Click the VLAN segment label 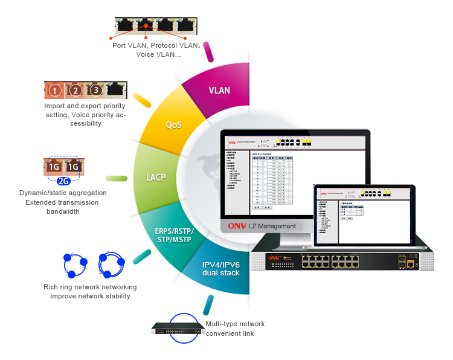[219, 91]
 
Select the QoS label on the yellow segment [174, 125]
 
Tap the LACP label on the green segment [156, 178]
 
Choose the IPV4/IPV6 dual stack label [221, 269]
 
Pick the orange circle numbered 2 [75, 91]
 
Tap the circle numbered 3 [95, 91]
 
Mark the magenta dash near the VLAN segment [210, 51]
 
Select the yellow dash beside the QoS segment [142, 100]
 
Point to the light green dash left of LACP [117, 178]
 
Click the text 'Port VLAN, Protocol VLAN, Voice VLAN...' [155, 50]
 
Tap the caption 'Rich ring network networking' [90, 287]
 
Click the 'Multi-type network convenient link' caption [235, 329]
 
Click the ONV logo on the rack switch [275, 257]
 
